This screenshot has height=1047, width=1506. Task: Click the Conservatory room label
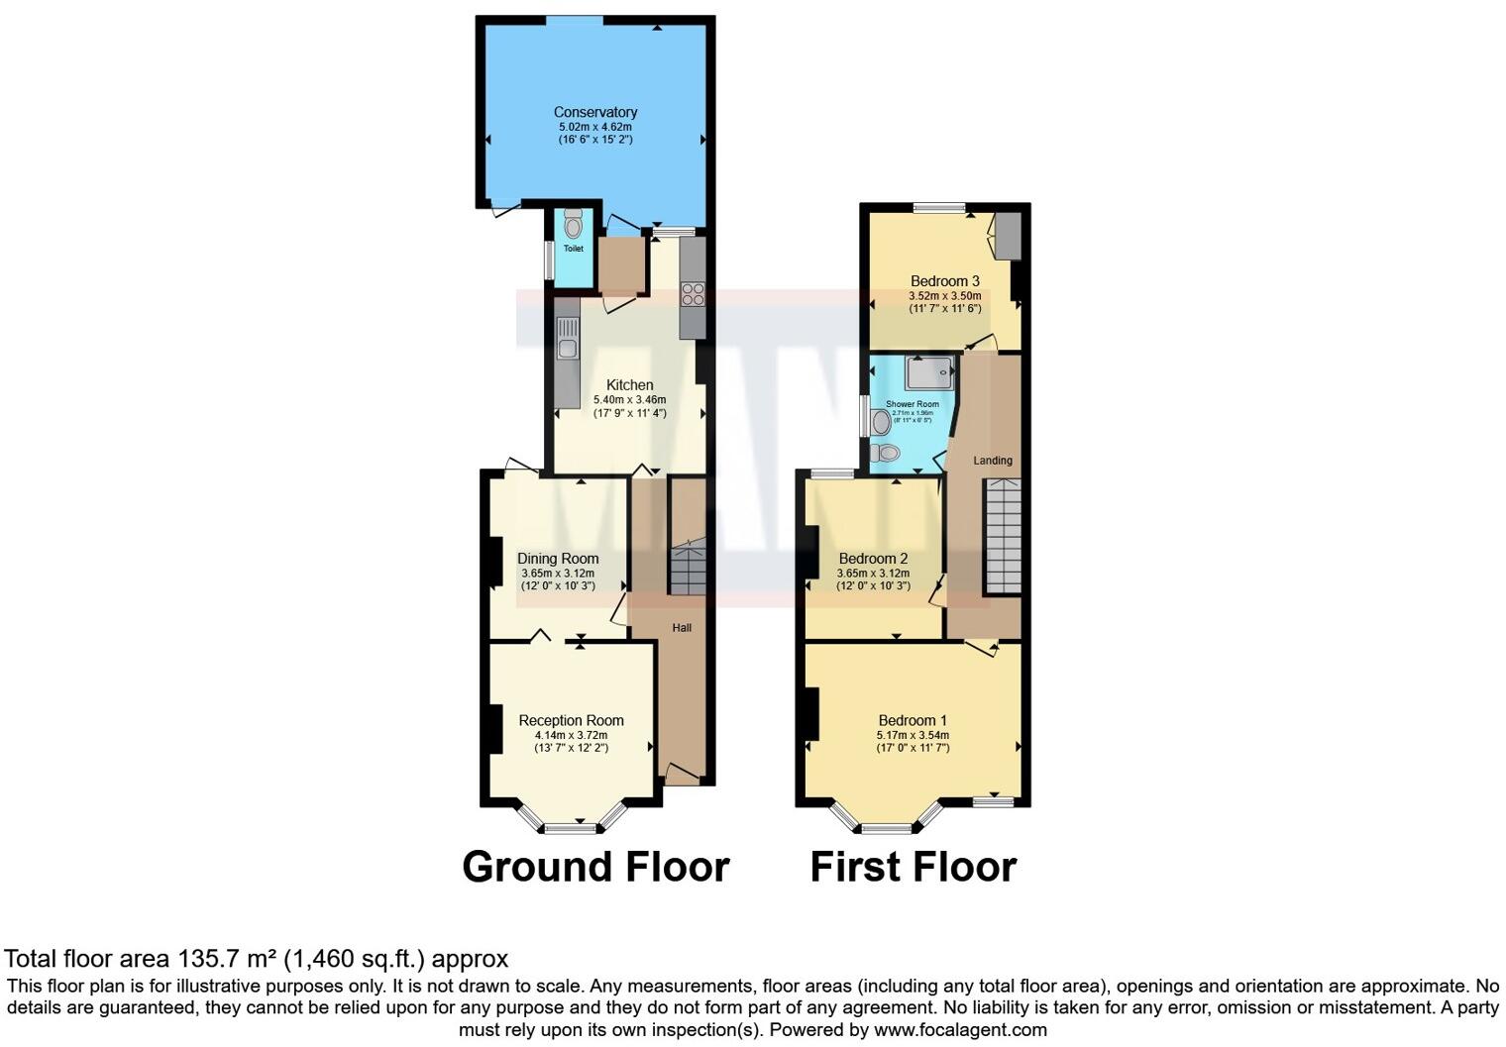[594, 112]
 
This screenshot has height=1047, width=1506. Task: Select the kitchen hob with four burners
[692, 293]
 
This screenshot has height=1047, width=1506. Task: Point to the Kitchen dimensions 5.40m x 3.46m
[629, 399]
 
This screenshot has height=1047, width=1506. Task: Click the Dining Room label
[558, 559]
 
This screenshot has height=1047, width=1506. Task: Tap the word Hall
[682, 628]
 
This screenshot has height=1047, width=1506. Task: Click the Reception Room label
[571, 721]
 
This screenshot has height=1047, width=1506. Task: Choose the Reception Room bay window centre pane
[572, 826]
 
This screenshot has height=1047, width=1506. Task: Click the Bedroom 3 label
[944, 281]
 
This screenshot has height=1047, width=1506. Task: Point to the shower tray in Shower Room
[928, 371]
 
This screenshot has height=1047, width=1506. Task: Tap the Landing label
[992, 461]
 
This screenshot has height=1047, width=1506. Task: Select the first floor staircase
[1002, 536]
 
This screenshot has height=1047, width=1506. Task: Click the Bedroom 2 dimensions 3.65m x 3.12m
[873, 573]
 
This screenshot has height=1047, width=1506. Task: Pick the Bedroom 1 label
[913, 721]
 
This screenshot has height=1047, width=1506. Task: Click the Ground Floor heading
[595, 867]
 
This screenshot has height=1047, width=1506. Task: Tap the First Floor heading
[913, 867]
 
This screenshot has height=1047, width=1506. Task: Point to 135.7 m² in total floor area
[227, 959]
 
